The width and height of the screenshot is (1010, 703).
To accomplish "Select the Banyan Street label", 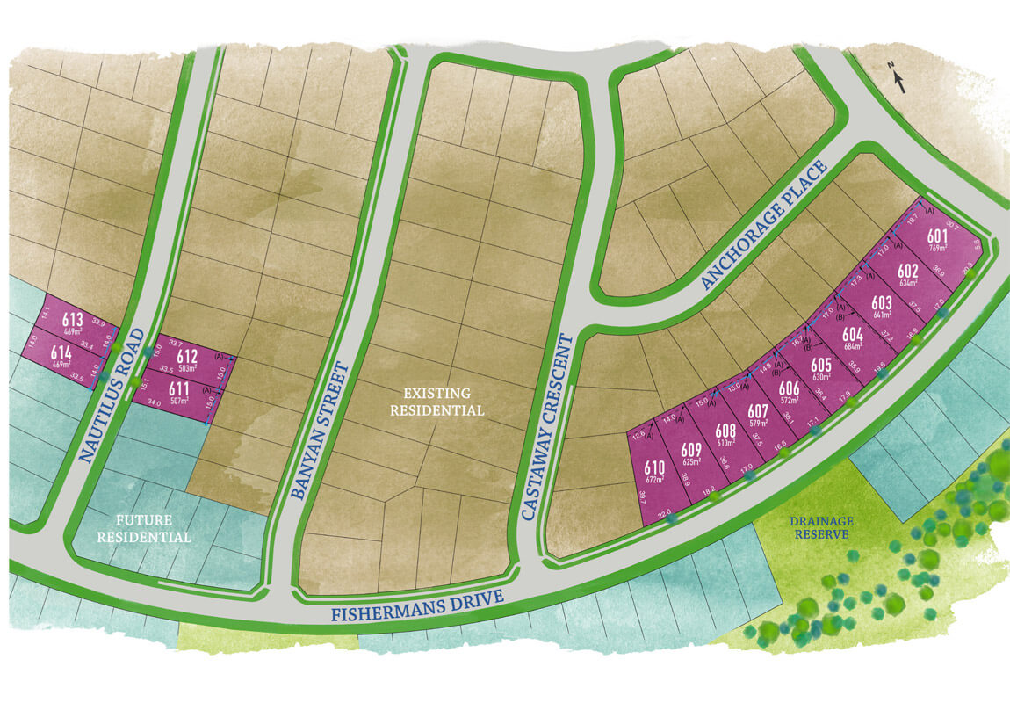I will [x=320, y=431].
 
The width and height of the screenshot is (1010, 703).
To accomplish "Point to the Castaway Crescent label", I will [x=545, y=426].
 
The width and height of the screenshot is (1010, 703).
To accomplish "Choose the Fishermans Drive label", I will [x=417, y=606].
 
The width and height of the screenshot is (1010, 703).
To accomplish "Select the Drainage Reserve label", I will [x=821, y=526].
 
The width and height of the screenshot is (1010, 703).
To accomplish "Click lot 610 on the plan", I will [x=654, y=467].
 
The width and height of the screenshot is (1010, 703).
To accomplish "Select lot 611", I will [x=179, y=389].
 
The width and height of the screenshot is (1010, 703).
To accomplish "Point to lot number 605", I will [x=821, y=365].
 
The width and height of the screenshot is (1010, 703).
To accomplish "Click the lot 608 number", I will [x=725, y=431].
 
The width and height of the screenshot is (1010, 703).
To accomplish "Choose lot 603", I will [x=883, y=303].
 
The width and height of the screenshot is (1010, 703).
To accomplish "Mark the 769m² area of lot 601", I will [x=938, y=250].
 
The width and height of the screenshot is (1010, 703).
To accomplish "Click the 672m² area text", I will [x=654, y=480].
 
